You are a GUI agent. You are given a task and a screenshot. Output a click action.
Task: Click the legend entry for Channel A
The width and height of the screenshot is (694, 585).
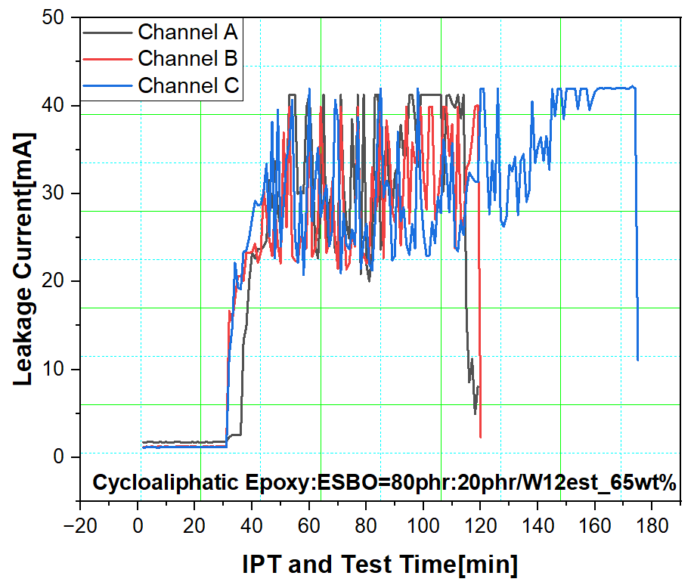187,32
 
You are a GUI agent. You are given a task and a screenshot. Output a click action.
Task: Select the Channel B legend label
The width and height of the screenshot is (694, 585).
187,58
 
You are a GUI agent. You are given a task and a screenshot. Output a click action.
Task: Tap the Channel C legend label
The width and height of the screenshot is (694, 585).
188,85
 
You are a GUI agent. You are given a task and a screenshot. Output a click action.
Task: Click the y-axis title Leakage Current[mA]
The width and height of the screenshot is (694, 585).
23,259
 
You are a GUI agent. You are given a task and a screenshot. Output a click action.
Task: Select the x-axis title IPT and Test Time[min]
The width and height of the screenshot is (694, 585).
380,564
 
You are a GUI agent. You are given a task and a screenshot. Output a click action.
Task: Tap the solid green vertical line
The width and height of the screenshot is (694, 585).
321,302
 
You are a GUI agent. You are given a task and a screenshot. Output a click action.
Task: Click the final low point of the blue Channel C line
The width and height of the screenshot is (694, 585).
638,360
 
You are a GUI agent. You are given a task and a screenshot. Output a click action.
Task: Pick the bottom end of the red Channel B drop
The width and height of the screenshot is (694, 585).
481,437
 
